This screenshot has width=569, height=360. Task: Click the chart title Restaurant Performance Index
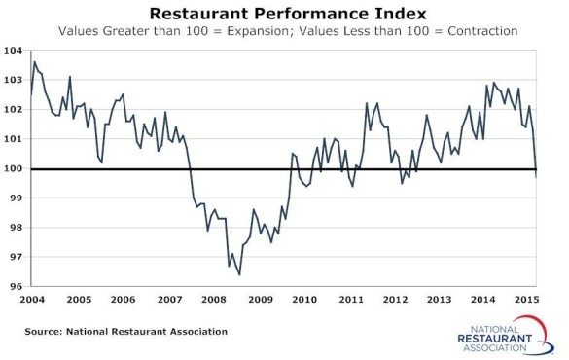283,14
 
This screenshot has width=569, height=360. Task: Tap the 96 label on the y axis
14,287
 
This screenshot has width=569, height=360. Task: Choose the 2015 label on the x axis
526,299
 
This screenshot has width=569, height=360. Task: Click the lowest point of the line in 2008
239,274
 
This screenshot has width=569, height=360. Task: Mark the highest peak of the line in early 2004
35,62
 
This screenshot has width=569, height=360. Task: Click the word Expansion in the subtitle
267,32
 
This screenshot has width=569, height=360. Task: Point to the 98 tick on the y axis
14,228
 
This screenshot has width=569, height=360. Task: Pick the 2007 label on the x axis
169,299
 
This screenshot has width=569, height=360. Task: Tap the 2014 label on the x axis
481,299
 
